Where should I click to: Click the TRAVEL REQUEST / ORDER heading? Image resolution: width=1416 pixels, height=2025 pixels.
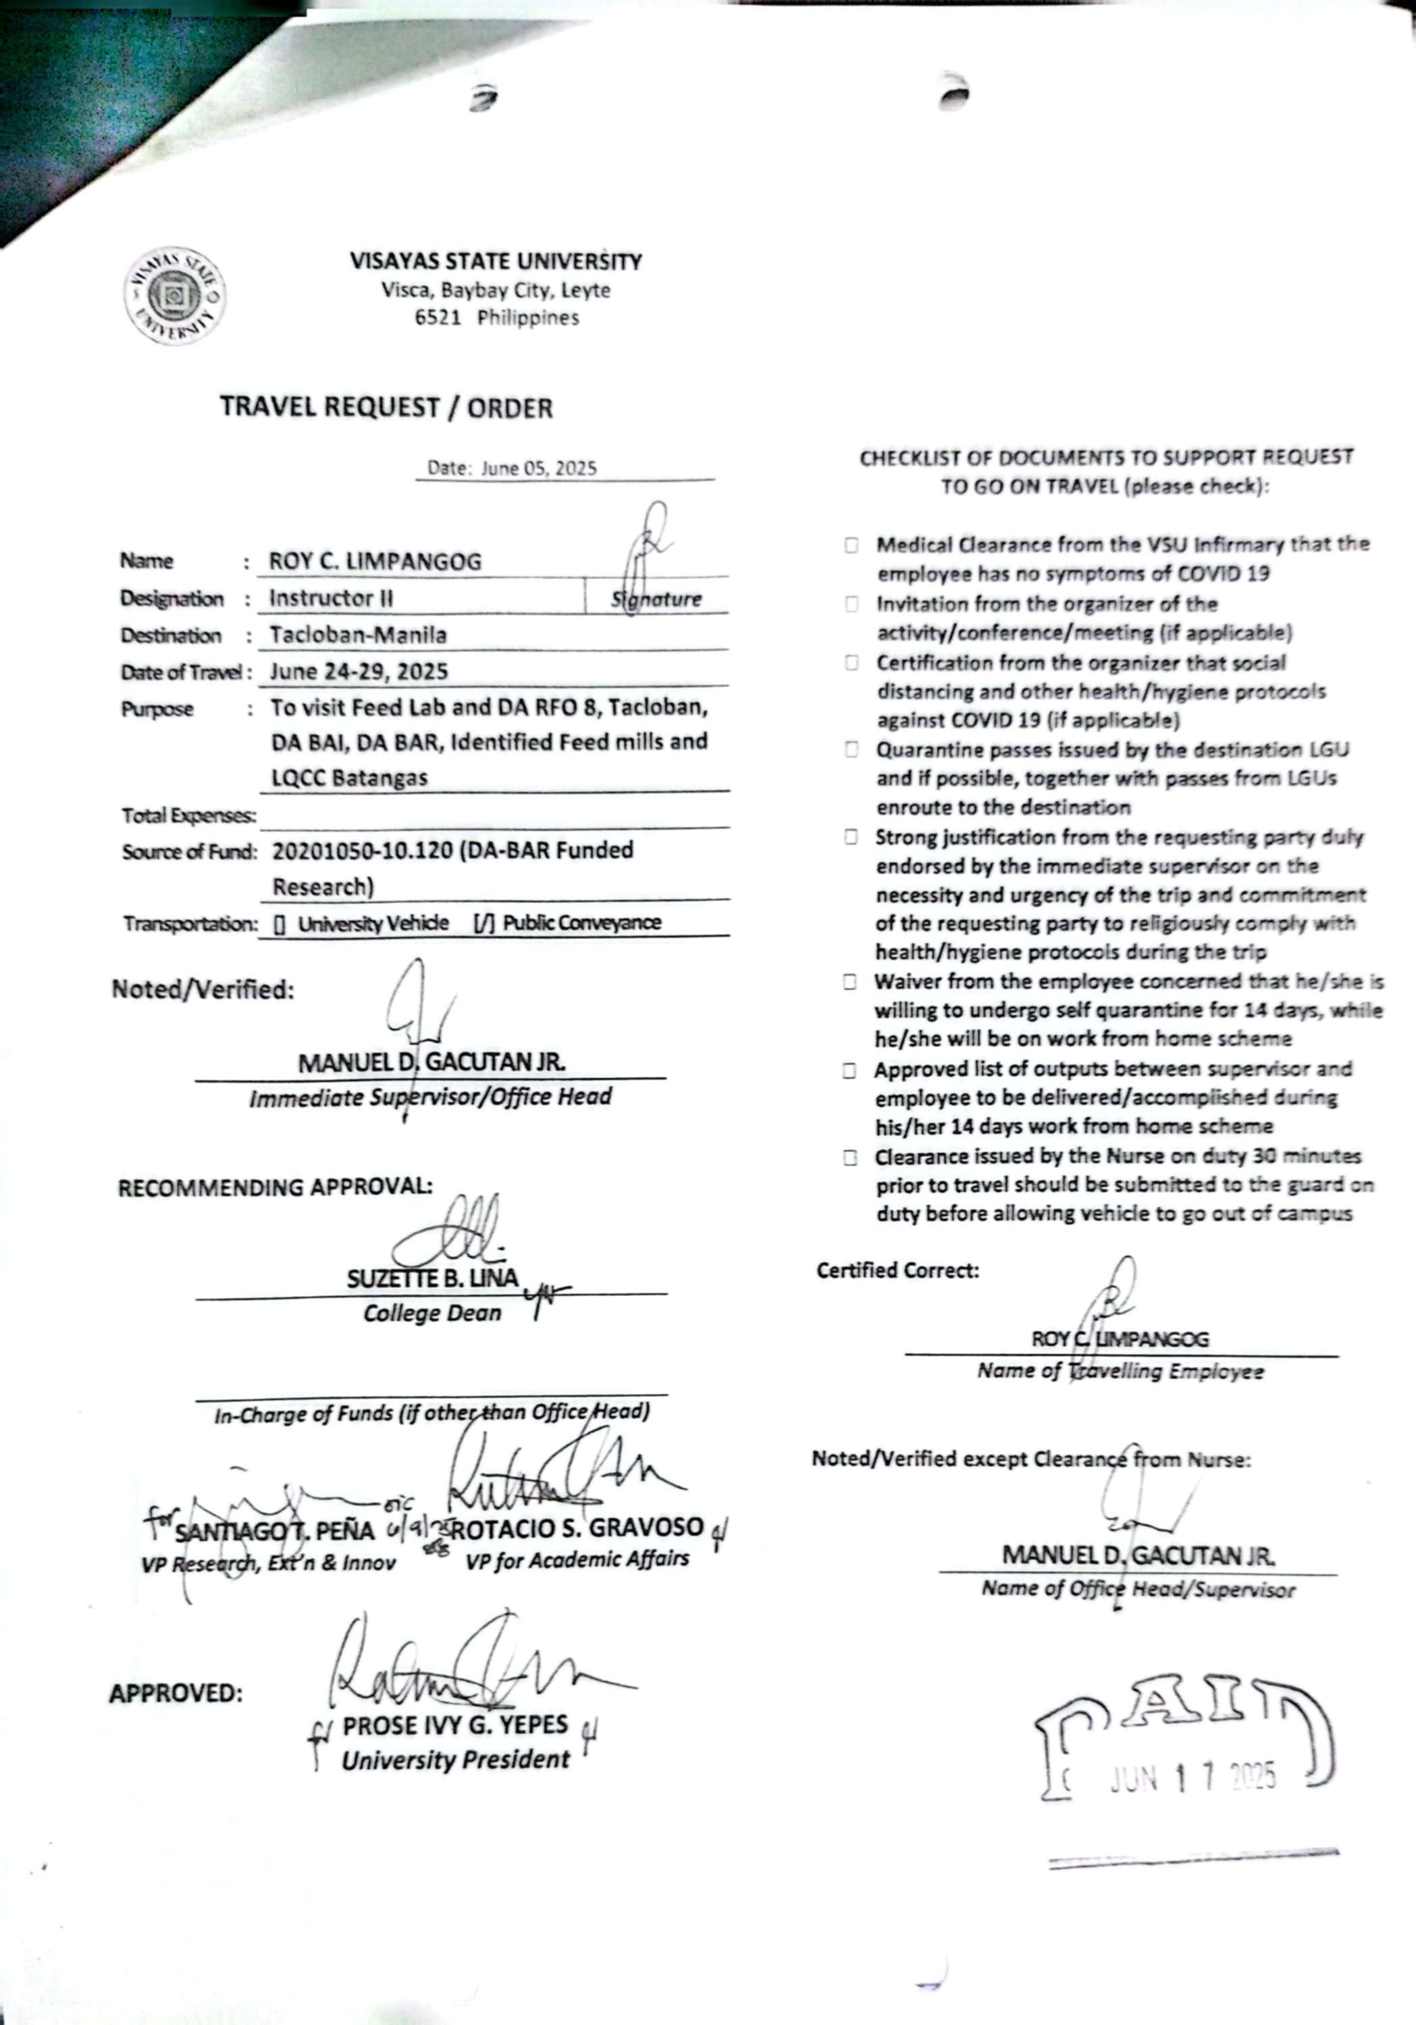pos(386,408)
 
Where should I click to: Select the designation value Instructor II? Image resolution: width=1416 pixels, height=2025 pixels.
pos(331,598)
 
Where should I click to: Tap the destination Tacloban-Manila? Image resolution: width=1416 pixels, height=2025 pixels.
pos(358,635)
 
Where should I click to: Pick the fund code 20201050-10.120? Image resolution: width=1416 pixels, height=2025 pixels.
pos(362,851)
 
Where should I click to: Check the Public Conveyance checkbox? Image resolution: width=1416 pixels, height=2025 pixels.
pos(484,923)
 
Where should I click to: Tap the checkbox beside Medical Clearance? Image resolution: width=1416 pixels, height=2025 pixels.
pos(851,545)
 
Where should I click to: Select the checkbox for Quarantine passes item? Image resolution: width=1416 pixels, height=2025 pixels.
pos(851,750)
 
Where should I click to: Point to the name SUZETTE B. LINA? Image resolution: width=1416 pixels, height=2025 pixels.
pos(432,1279)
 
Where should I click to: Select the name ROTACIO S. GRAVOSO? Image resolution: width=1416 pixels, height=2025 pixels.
pos(578,1528)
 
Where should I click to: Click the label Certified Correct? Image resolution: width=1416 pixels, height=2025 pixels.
pos(897,1270)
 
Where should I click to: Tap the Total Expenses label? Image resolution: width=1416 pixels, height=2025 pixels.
pos(189,816)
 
